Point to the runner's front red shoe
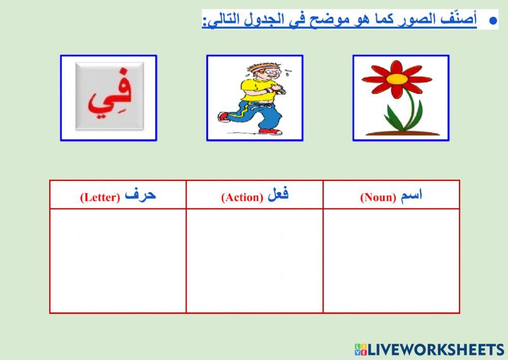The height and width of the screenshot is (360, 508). (271, 131)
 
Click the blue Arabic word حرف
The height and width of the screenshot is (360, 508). (140, 195)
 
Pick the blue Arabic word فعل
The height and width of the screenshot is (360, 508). (277, 195)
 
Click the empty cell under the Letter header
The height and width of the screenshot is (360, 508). (118, 260)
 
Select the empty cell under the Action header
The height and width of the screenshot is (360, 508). (255, 260)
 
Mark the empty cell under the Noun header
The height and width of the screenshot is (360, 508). (391, 260)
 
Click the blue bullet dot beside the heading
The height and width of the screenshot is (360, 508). (492, 21)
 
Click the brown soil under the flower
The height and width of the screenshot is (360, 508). (402, 133)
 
